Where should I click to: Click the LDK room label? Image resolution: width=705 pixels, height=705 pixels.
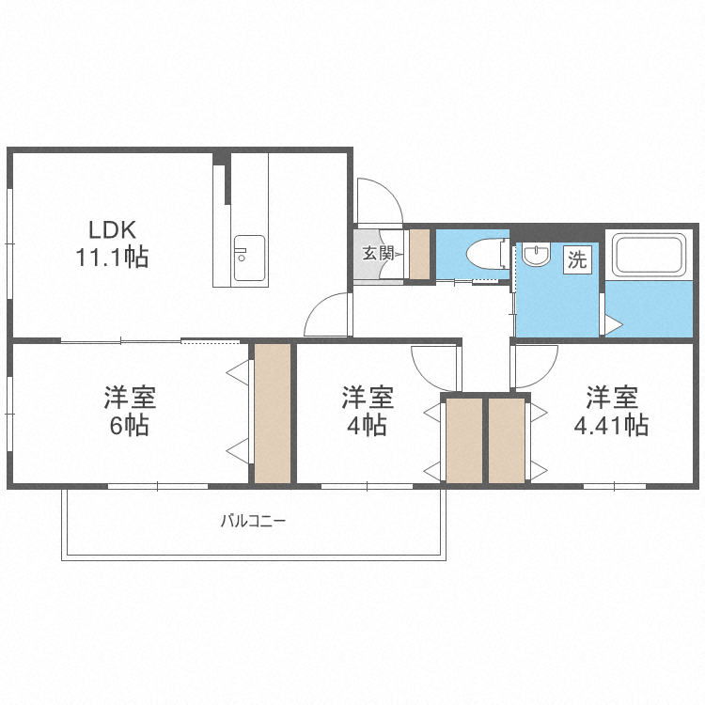tap(113, 229)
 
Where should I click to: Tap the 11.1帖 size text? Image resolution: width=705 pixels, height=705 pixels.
tap(113, 257)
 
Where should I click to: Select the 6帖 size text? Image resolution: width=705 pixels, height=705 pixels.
tap(130, 425)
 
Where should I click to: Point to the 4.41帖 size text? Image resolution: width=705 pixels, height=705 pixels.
tap(611, 425)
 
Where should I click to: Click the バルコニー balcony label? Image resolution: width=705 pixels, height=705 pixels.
tap(254, 520)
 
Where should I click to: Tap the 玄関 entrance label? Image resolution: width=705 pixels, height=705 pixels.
tap(378, 253)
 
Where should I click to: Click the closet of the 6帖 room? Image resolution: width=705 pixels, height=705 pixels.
tap(273, 414)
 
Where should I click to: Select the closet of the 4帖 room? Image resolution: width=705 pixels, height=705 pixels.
tap(463, 440)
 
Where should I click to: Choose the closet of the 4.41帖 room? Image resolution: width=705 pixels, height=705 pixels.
tap(506, 440)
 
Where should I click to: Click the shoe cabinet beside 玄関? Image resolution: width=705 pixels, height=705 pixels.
tap(419, 254)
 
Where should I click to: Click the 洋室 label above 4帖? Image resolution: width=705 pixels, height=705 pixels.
tap(367, 398)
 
